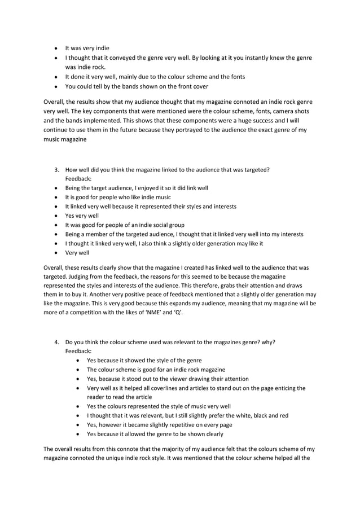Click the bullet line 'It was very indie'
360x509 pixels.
pyautogui.click(x=87, y=49)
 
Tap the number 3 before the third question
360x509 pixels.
pyautogui.click(x=56, y=169)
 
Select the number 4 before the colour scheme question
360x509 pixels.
pyautogui.click(x=56, y=342)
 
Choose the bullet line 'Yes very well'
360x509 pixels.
pyautogui.click(x=82, y=216)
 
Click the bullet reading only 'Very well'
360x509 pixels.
pyautogui.click(x=77, y=253)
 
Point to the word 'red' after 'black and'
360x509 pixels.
pyautogui.click(x=283, y=416)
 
